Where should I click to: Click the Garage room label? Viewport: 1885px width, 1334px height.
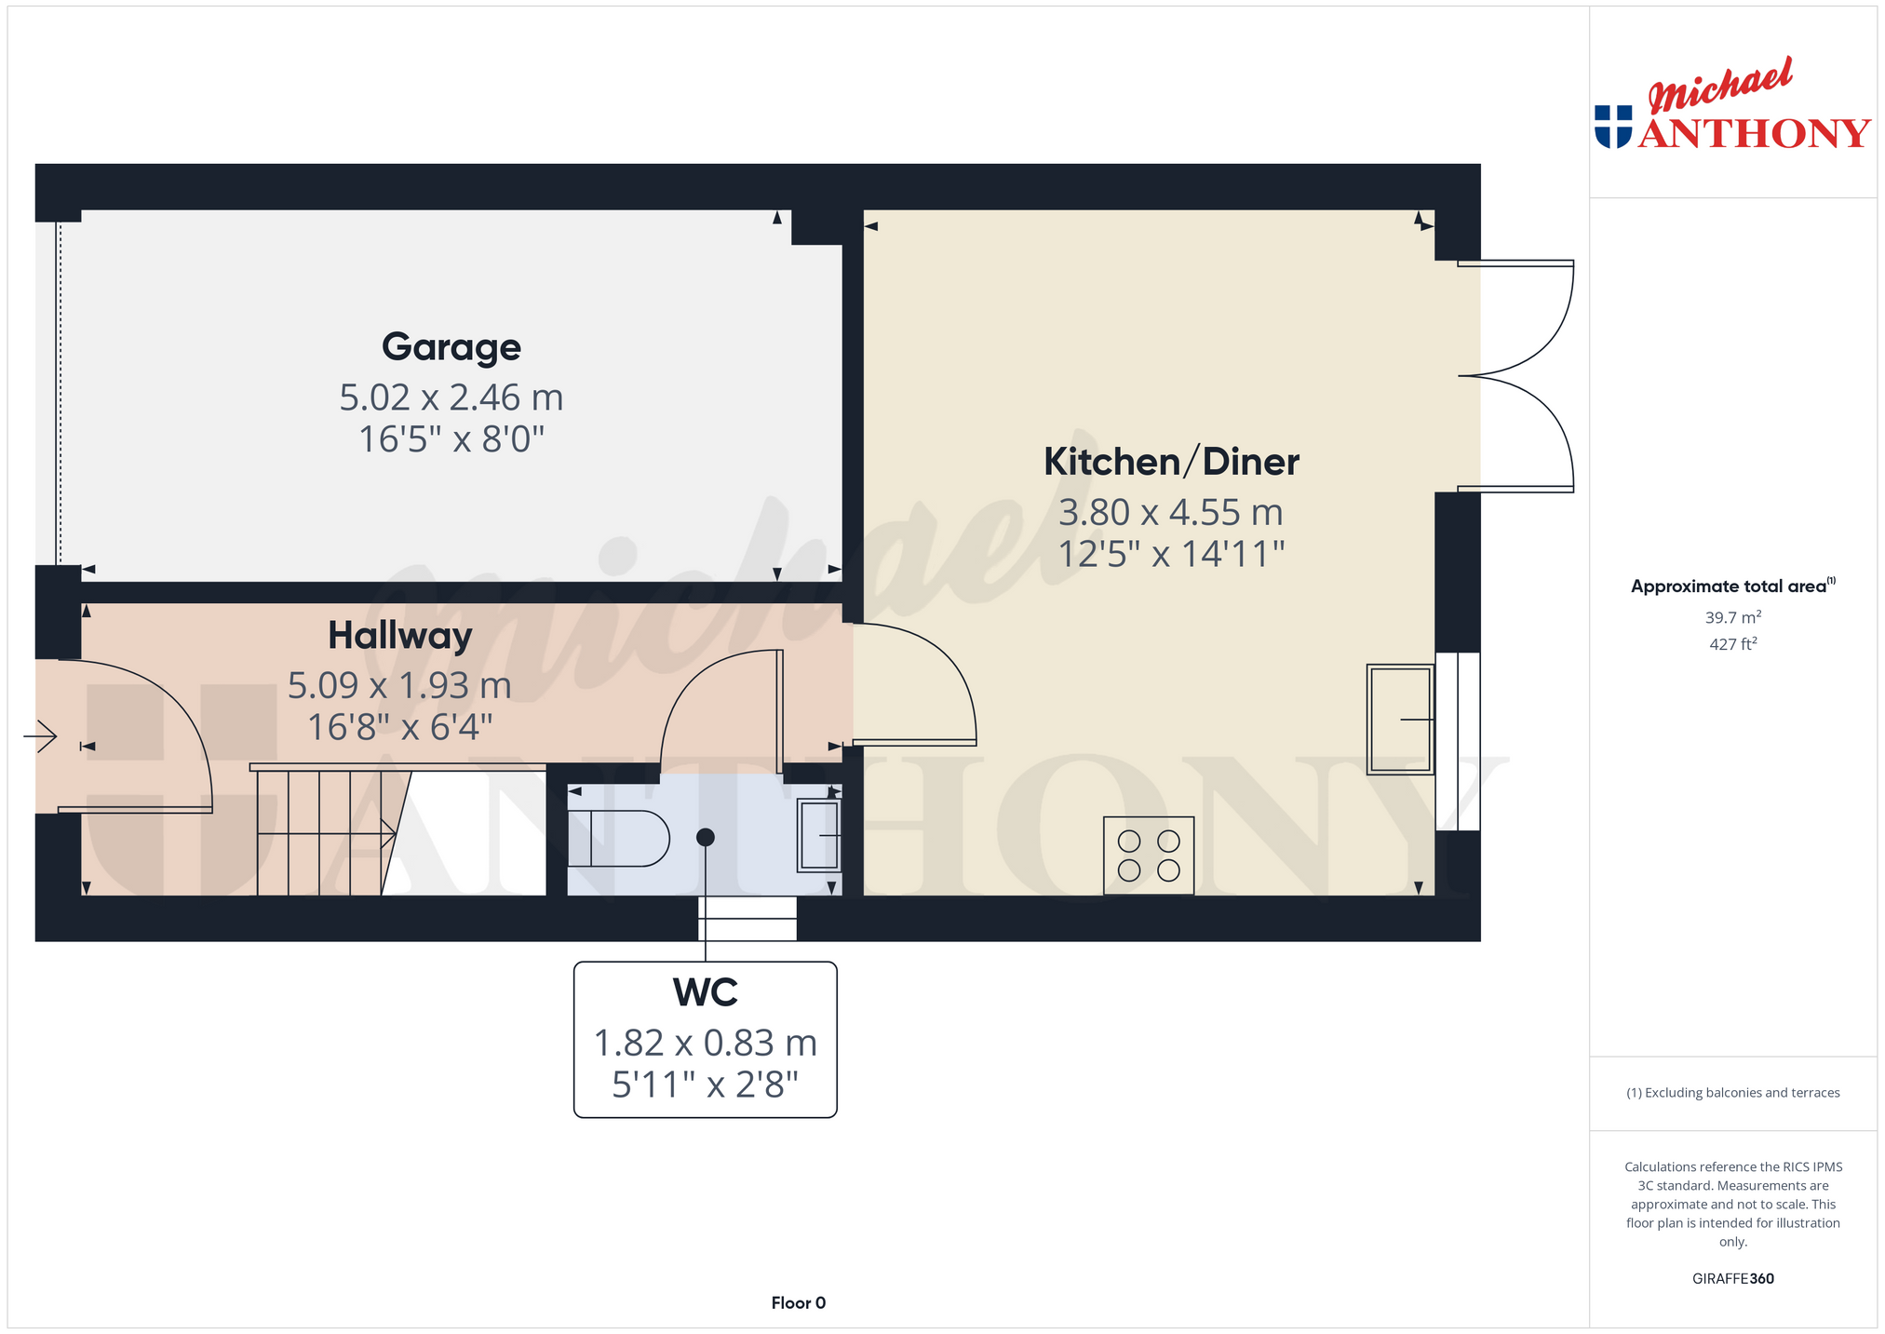click(451, 347)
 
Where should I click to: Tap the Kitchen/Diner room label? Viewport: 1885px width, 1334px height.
click(1171, 462)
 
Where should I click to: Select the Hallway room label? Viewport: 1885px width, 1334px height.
click(400, 636)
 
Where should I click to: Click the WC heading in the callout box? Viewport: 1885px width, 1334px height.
click(706, 992)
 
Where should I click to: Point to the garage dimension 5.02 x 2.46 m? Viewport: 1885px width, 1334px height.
click(451, 398)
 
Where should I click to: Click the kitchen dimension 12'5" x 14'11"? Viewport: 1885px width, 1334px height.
click(1171, 555)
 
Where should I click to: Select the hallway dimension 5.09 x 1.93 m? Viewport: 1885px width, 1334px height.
click(400, 686)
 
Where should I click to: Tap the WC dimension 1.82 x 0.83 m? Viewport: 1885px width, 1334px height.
click(706, 1044)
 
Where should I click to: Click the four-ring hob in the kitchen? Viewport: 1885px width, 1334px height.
click(1149, 856)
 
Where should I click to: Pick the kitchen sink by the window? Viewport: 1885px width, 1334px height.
click(1400, 720)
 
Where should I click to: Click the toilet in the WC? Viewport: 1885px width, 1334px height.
click(618, 839)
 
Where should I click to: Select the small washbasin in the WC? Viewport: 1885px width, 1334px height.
click(819, 835)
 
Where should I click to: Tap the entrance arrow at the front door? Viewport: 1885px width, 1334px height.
click(40, 737)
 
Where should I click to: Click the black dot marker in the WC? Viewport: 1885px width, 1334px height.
click(706, 838)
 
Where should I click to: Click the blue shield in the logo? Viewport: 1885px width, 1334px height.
click(1613, 127)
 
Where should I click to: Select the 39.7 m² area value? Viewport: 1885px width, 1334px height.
click(1732, 617)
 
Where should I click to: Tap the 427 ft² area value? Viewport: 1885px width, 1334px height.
click(1732, 643)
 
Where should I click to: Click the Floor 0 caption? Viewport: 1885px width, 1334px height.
click(799, 1302)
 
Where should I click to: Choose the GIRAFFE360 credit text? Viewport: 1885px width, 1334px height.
click(1732, 1278)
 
